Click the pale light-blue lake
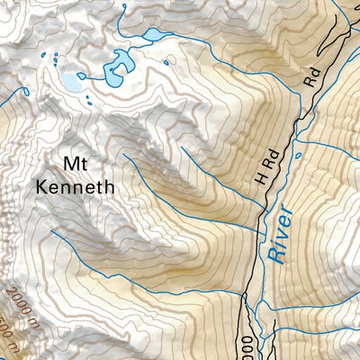click(71, 83)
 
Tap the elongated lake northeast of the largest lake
click(151, 35)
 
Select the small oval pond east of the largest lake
click(167, 63)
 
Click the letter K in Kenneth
click(41, 188)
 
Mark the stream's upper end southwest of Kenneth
click(51, 230)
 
